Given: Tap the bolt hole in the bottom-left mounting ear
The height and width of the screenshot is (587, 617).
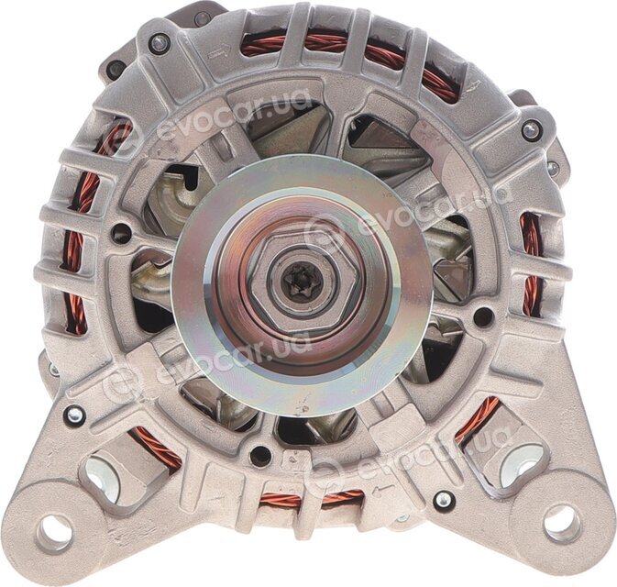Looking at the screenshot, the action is click(54, 534).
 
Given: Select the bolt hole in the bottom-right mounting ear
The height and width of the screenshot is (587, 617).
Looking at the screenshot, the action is click(561, 524).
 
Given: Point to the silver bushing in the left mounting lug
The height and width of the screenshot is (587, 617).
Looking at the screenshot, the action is click(102, 477).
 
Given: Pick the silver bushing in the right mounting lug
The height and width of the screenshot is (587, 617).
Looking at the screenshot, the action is click(520, 468).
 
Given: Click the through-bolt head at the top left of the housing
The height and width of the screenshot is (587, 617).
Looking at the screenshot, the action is click(160, 43).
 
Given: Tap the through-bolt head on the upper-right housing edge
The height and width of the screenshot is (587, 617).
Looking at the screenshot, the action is click(532, 129).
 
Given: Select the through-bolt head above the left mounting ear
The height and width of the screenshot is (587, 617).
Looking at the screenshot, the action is click(74, 415).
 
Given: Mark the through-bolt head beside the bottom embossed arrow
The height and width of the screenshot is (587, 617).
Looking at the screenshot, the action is click(444, 499).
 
